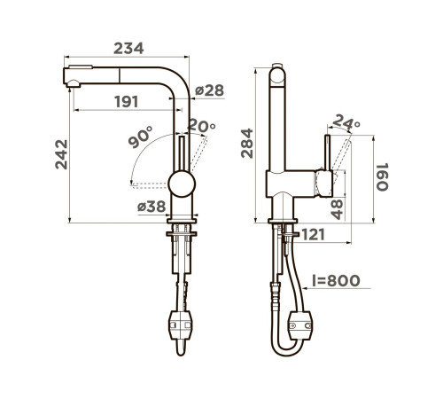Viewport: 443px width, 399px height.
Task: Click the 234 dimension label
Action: click(128, 49)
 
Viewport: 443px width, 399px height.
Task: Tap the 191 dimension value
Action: click(127, 102)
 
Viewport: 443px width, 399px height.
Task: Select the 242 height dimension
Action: click(61, 154)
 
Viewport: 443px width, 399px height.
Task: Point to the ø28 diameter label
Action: click(209, 90)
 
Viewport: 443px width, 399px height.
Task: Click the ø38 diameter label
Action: click(152, 207)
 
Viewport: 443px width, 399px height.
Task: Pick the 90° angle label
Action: click(141, 137)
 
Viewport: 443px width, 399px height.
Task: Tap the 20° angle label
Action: click(202, 125)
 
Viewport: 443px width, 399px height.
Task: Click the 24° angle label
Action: click(346, 121)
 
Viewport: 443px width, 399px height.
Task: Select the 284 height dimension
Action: click(247, 143)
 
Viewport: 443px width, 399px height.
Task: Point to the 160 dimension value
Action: click(382, 176)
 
